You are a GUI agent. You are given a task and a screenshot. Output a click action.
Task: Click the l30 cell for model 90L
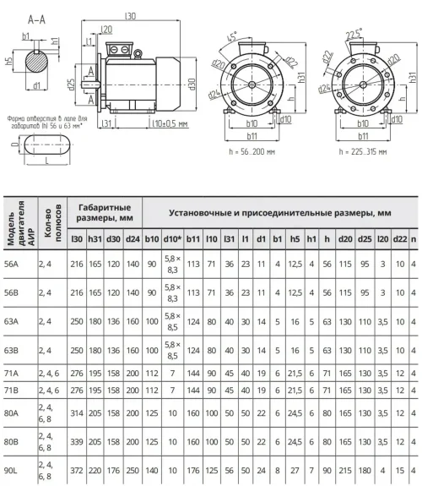(77, 471)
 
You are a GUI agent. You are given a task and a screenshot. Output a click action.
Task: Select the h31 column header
(95, 239)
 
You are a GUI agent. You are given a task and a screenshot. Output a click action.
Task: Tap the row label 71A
(11, 374)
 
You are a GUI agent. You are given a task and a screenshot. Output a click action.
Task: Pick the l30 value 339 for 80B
(77, 442)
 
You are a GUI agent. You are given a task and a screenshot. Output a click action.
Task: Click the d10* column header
(172, 239)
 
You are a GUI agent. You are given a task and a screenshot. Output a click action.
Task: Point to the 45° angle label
(232, 36)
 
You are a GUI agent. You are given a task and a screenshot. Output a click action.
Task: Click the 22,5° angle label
(354, 34)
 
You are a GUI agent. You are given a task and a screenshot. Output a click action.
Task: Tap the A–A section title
(36, 19)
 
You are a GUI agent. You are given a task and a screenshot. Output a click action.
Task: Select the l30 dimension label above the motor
(130, 15)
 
